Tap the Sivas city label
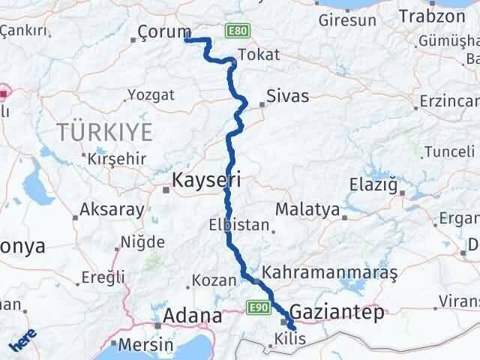[x=288, y=96]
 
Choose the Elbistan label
[x=239, y=224]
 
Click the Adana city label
[x=193, y=316]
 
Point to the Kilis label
[x=291, y=340]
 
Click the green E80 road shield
[x=237, y=28]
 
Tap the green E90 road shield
[x=257, y=306]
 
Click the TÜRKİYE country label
[x=105, y=133]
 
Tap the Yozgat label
[x=151, y=94]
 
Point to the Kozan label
[x=209, y=280]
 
